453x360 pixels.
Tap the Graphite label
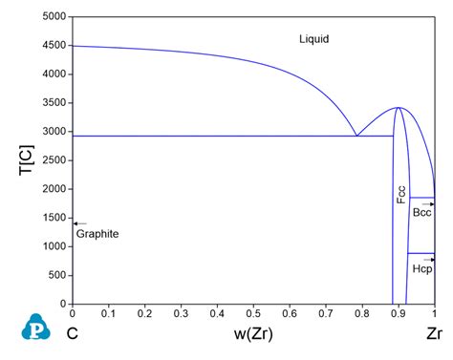click(97, 234)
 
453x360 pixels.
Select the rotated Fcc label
click(401, 195)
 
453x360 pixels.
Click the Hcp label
click(422, 269)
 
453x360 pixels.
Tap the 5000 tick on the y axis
click(52, 17)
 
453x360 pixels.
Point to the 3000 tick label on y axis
click(52, 132)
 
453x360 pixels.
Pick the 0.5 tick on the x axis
click(253, 313)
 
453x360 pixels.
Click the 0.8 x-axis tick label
click(362, 313)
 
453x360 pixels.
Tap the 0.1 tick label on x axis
click(108, 313)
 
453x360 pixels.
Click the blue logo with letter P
click(34, 327)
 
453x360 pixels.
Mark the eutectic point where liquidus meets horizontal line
click(356, 136)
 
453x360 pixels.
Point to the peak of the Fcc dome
click(398, 108)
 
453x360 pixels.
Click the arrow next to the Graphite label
click(79, 223)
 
